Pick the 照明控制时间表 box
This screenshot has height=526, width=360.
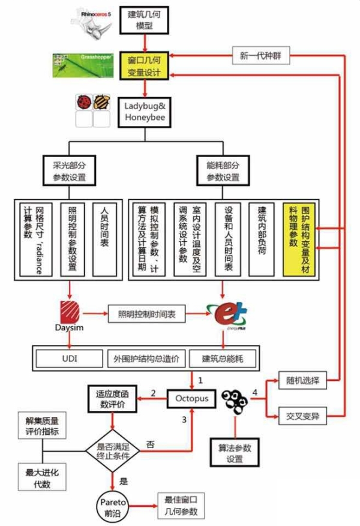point(146,312)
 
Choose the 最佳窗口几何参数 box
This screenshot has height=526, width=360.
point(177,505)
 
